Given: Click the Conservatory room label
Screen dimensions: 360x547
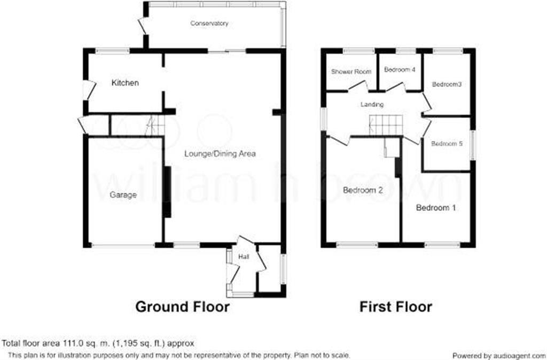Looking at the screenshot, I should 210,24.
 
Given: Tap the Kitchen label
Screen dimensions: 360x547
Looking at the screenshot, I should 125,83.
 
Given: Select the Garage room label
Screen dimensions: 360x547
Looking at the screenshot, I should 123,195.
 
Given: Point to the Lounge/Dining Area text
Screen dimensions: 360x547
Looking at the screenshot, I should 220,154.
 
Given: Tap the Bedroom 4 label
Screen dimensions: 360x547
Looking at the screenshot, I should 400,70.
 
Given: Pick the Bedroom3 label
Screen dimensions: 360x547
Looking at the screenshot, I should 447,84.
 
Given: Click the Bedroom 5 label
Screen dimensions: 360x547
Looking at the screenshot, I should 446,144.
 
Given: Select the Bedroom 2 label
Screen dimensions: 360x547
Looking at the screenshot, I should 363,190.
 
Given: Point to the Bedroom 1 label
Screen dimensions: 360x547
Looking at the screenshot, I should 436,208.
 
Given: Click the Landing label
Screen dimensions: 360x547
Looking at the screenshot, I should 372,105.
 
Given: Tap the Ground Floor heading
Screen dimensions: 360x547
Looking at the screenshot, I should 182,307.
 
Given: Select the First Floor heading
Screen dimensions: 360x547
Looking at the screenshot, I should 395,307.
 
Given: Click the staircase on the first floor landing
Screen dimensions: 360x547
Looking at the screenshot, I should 386,126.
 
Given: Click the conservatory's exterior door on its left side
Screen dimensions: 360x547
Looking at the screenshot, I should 142,26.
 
